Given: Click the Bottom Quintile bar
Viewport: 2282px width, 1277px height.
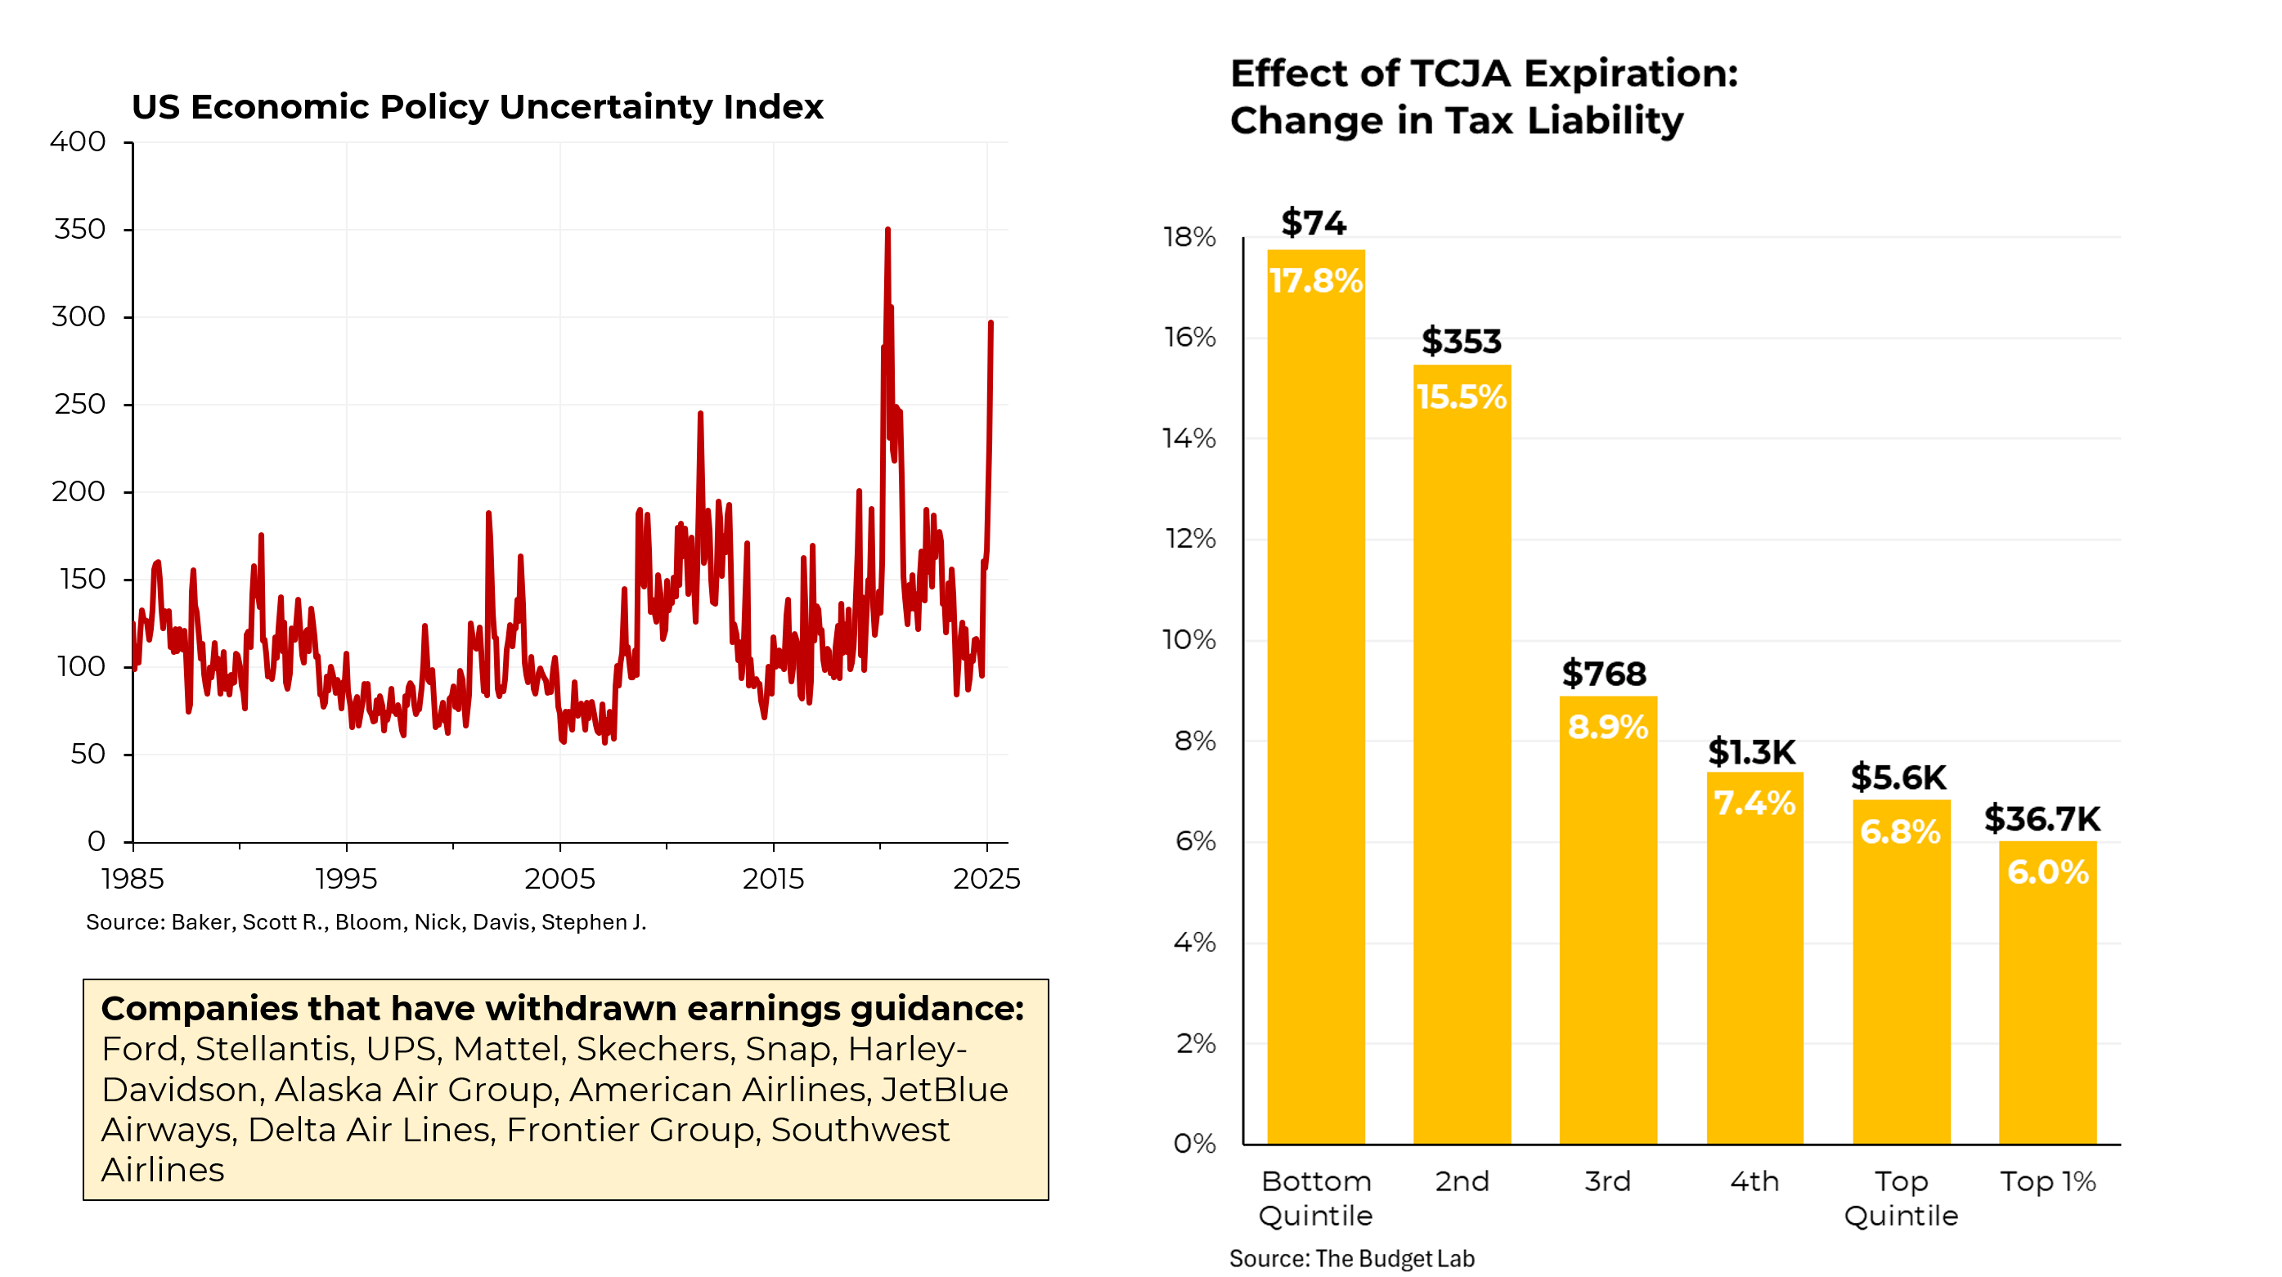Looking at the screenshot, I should click(1315, 700).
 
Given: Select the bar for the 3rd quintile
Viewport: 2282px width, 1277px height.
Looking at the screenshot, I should click(1608, 921).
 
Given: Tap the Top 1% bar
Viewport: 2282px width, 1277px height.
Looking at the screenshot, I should click(2047, 992).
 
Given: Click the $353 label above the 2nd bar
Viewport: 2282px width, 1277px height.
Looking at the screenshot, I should click(1462, 342).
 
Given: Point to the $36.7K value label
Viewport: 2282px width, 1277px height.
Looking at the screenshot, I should click(2042, 819).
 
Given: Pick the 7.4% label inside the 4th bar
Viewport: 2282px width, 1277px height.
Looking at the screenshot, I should click(1754, 803).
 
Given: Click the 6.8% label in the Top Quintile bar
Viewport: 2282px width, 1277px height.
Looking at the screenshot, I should click(1900, 831).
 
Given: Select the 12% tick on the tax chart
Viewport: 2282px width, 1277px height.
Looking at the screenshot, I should click(1190, 540).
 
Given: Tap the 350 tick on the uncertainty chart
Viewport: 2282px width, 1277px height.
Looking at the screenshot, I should click(79, 230).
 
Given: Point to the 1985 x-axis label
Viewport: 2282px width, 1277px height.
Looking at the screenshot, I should click(133, 879).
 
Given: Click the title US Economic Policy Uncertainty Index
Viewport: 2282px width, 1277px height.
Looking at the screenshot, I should click(477, 107).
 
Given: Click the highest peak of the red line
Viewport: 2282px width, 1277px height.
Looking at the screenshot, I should click(887, 231).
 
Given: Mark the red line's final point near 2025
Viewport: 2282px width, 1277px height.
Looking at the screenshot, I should click(991, 323).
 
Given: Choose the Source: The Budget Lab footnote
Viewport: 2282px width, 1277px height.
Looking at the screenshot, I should click(1351, 1258).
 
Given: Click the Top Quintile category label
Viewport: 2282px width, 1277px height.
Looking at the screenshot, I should click(1901, 1199).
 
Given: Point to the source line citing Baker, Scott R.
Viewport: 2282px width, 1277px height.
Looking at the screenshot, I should click(366, 922).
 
